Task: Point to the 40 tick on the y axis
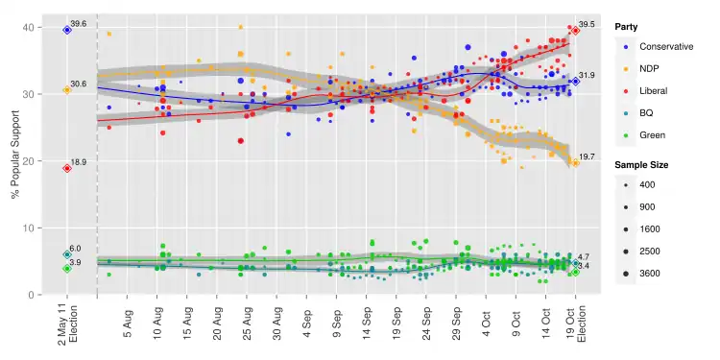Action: click(31, 27)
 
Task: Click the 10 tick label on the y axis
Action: click(31, 228)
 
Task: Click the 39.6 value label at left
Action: click(79, 23)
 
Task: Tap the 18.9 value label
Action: click(79, 162)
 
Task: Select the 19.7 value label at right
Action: click(586, 156)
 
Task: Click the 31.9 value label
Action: click(587, 75)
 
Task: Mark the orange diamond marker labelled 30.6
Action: click(67, 90)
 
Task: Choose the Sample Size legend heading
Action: click(641, 165)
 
